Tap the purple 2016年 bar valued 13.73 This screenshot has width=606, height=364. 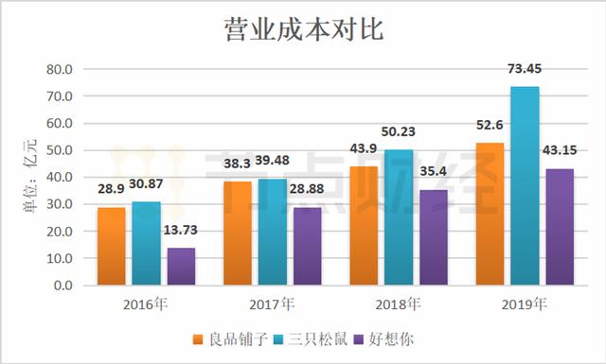pos(181,266)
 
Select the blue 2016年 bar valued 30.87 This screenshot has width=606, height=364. pos(146,243)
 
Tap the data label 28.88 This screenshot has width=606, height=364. pos(290,190)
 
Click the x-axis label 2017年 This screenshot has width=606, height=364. pos(272,304)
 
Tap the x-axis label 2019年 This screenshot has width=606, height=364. pos(525,304)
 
